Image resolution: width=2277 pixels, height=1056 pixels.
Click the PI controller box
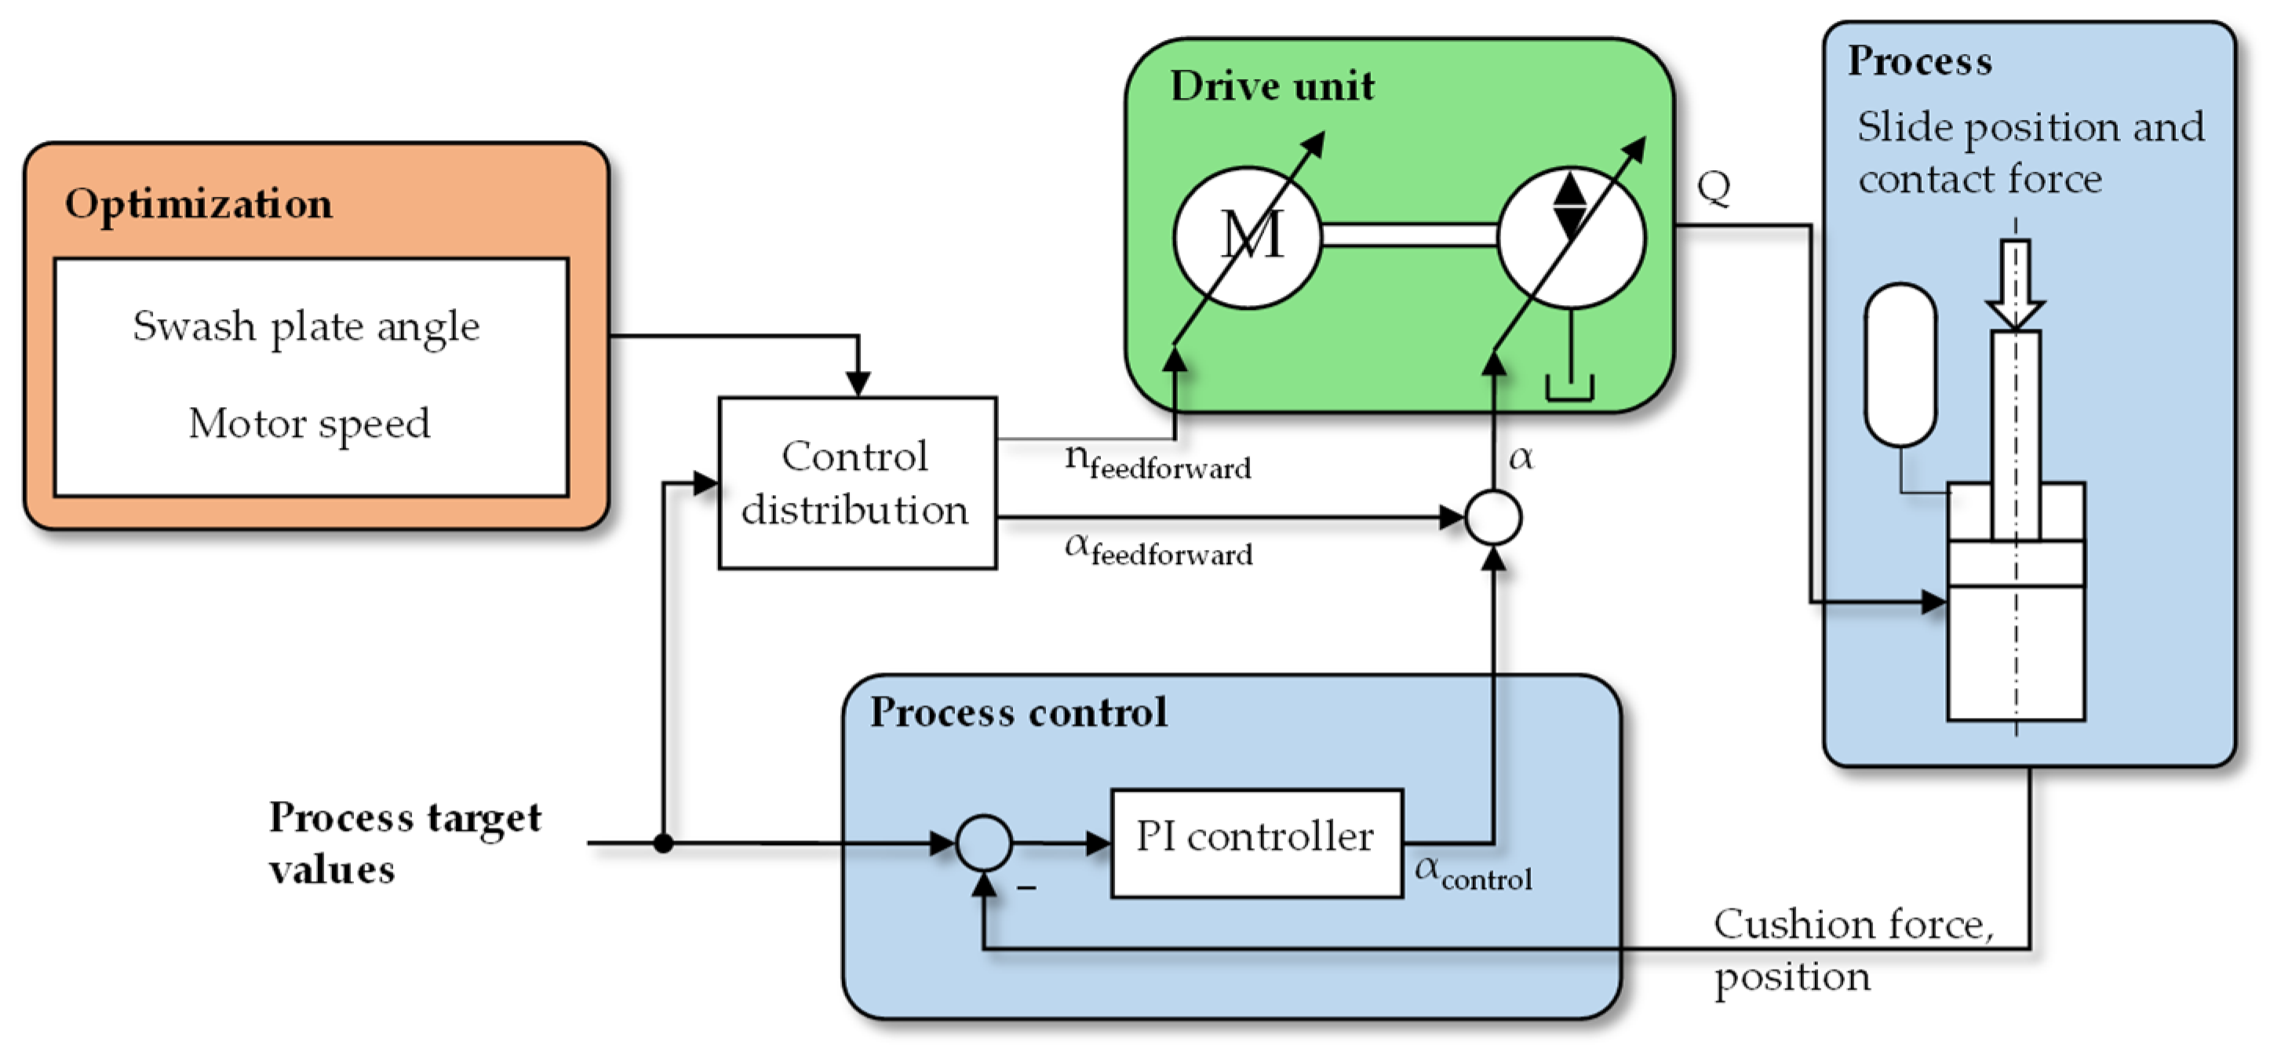1256,843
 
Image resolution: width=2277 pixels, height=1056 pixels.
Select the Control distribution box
858,483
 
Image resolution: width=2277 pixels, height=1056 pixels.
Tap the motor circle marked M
1248,237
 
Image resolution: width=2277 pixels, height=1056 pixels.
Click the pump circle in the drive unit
1572,237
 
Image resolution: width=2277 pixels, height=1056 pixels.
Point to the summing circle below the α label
1493,518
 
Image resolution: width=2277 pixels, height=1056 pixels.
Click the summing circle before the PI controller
984,843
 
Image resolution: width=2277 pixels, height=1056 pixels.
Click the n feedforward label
1158,461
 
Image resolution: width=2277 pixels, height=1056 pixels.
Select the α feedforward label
1159,550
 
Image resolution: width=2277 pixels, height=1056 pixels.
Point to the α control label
1474,873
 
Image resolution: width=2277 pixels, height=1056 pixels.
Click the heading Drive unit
1272,86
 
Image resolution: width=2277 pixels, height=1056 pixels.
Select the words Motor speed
309,424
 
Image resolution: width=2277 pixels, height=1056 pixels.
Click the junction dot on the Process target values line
664,843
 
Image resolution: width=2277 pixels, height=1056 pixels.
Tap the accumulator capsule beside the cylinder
1900,365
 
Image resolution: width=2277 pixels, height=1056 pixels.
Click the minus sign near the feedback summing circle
1026,887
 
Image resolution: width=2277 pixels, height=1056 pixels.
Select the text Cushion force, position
1853,951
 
